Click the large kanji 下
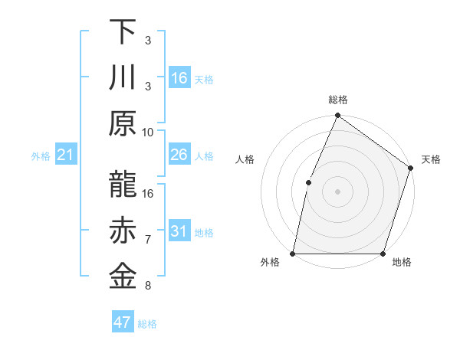point(123,32)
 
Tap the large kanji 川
point(123,77)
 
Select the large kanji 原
point(123,123)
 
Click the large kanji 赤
point(123,231)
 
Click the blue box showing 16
point(179,77)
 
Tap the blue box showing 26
point(179,155)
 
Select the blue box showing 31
point(179,231)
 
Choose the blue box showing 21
point(66,155)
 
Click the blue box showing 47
point(123,322)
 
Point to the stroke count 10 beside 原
point(148,132)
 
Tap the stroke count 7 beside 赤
point(147,240)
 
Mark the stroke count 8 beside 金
point(147,286)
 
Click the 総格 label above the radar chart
point(337,100)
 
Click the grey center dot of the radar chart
point(337,191)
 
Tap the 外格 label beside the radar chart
point(270,262)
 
